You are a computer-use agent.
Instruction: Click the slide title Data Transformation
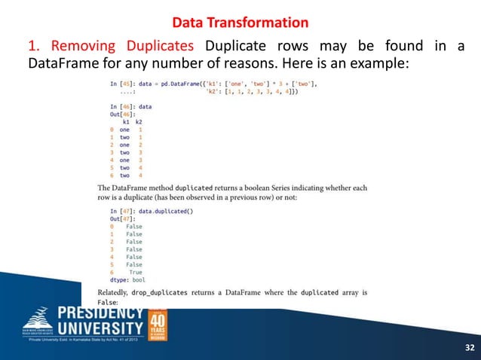[240, 22]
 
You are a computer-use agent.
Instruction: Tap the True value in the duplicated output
[135, 272]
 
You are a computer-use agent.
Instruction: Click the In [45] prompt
[123, 84]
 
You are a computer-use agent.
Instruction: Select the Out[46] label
[123, 114]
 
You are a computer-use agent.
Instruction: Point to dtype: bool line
[127, 279]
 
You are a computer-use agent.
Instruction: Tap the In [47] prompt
[123, 212]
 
